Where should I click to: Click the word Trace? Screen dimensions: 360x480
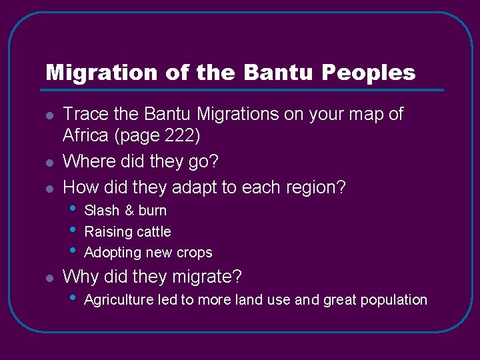click(83, 115)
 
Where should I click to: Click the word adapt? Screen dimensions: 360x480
click(193, 188)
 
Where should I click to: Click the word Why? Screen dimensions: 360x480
click(78, 276)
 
